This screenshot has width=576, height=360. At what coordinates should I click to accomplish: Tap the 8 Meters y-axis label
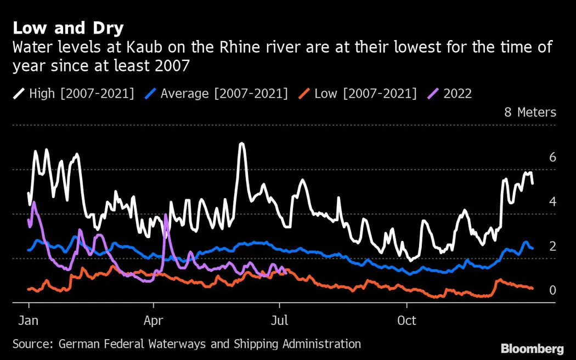530,113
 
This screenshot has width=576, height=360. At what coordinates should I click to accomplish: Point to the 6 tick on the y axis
552,157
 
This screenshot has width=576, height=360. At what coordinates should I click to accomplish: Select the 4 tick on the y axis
552,202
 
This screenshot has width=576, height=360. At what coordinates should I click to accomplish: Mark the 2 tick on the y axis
552,246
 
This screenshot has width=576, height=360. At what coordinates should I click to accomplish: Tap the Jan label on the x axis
29,320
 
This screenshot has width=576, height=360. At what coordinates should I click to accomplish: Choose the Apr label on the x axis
154,320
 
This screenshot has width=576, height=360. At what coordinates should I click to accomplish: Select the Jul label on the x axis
280,320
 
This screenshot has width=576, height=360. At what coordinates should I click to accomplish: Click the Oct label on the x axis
407,320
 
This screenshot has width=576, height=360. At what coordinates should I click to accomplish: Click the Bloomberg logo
532,348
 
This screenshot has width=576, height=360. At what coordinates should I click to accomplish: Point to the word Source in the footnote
31,344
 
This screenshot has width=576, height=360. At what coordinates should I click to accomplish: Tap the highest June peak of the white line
241,144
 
